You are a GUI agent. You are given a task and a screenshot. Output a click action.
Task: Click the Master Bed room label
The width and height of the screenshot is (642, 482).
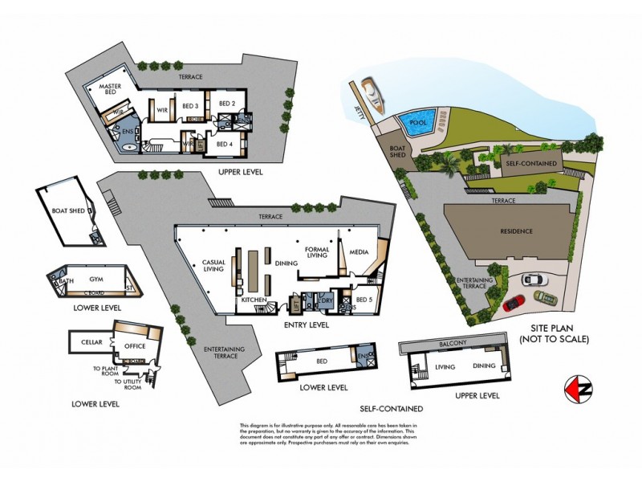tap(115, 89)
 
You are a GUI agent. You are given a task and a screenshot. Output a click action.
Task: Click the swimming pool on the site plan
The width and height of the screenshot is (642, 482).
tap(416, 124)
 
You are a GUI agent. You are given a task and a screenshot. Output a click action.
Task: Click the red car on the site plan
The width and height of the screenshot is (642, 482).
tap(514, 303)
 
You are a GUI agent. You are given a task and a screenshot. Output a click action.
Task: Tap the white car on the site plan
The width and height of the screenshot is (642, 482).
tap(532, 279)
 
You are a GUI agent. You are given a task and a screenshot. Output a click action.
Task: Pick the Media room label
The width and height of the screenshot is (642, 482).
tap(359, 252)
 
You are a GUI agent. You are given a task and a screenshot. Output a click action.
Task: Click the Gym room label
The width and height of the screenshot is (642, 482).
tap(97, 278)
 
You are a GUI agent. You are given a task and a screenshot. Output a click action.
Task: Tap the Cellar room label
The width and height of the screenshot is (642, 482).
tap(91, 342)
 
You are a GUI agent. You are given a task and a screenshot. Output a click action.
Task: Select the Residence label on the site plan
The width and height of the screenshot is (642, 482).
tap(516, 231)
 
